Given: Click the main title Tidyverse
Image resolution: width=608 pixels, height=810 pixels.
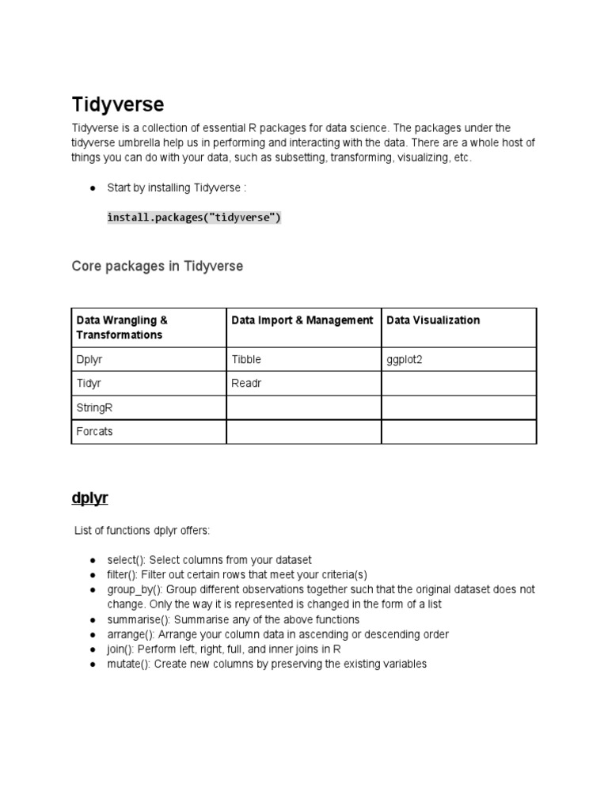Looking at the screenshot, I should point(118,104).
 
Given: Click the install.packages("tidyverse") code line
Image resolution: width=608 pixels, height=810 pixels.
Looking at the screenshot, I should point(194,218).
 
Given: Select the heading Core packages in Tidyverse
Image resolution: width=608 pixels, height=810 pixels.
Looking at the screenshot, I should point(158,267).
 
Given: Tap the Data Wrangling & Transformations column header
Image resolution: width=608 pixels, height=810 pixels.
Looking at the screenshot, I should point(122,327).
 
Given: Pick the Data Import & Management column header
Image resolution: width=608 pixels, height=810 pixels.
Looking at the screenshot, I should point(302,320).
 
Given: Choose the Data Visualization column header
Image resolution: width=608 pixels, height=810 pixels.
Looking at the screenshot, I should point(433,320).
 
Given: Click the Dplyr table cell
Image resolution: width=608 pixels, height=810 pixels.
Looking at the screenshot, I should point(89,359).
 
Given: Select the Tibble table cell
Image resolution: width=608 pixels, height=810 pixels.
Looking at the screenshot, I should point(246,359).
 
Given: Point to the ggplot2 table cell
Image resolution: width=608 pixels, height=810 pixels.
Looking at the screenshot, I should point(404,359).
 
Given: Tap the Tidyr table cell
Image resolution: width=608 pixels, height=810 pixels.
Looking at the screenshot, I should point(89,383).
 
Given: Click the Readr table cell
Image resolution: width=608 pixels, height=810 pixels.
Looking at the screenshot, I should point(246,383).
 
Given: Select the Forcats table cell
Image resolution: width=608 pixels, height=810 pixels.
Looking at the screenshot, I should point(94,432).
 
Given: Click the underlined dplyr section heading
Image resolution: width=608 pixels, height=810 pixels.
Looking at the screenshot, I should point(89,498).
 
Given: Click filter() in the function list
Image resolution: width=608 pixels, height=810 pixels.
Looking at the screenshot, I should point(123,574).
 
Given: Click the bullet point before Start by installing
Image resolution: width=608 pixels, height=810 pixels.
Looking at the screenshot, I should point(93,188).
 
